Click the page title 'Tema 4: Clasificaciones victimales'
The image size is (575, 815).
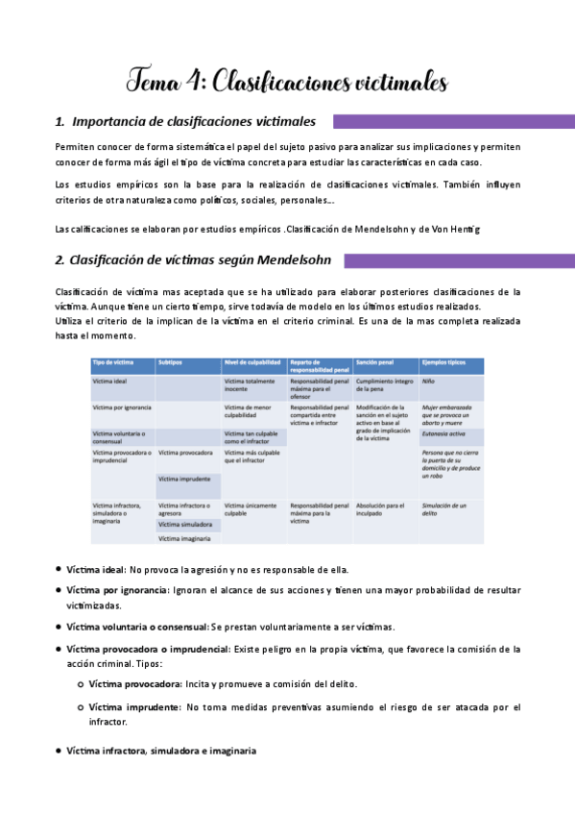coord(288,83)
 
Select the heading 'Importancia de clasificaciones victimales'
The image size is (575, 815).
coord(193,122)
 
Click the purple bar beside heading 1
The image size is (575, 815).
coord(452,122)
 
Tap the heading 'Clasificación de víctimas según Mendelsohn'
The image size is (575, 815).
coord(193,260)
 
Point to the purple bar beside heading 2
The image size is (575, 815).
coord(458,260)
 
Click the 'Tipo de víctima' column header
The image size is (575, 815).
coord(113,363)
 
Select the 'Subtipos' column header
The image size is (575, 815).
coord(170,363)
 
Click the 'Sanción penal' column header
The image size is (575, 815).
coord(375,363)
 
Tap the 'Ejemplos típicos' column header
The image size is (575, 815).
coord(443,363)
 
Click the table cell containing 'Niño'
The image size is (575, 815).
coord(429,382)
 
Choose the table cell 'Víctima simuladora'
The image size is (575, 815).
coord(185,525)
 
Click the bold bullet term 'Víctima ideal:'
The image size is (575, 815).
coord(96,570)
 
